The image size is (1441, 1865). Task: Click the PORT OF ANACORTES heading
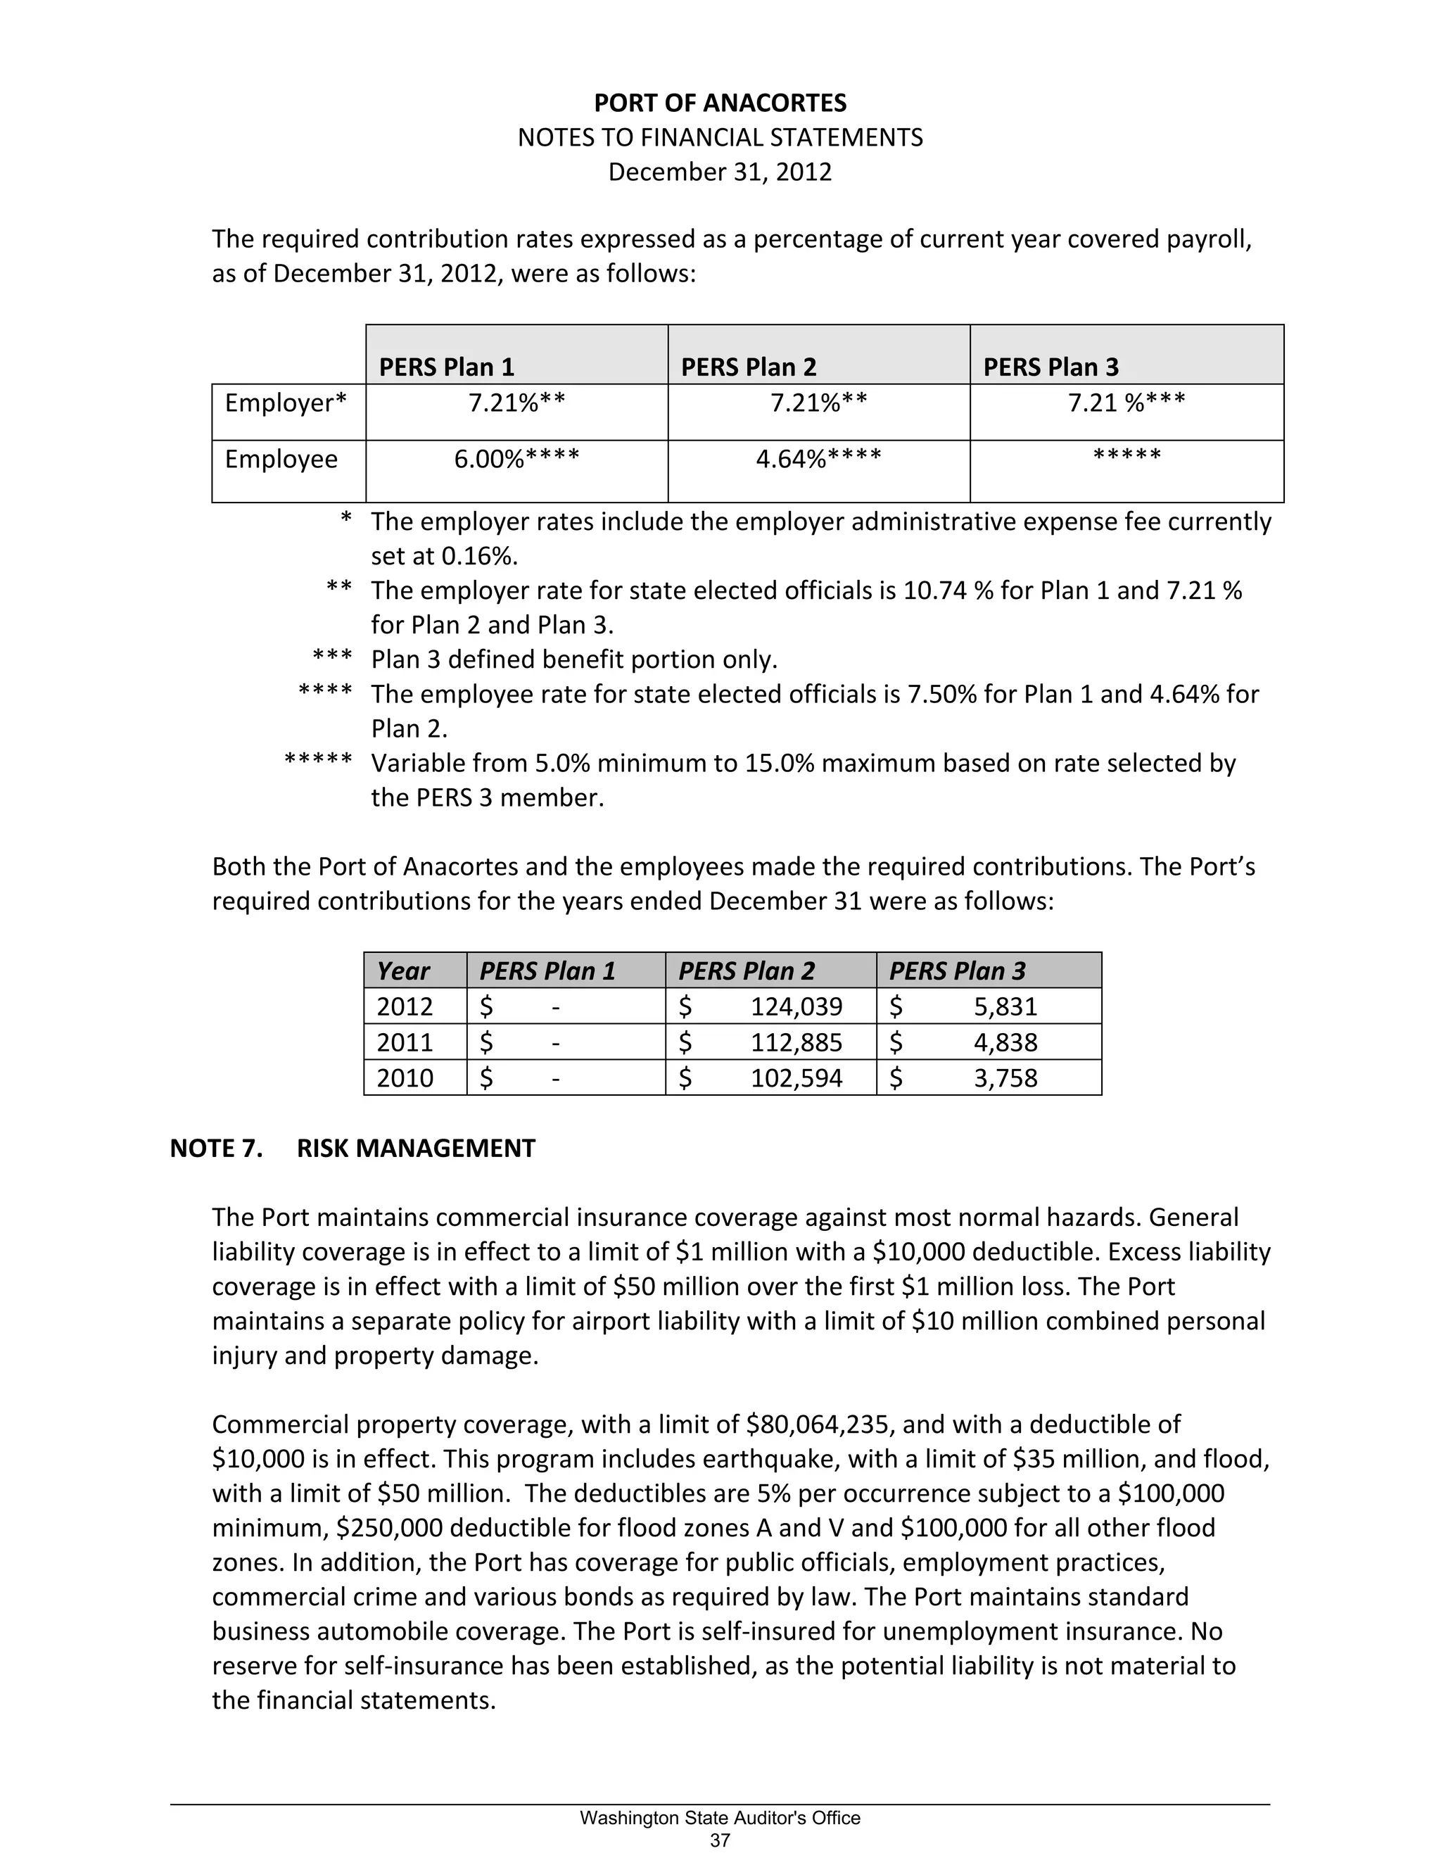[x=720, y=103]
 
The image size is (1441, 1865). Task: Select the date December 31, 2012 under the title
[x=720, y=172]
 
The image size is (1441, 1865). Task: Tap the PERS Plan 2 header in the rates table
[x=748, y=367]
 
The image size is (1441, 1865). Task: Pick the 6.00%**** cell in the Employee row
[x=516, y=460]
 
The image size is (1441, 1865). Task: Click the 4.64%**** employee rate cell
[x=818, y=460]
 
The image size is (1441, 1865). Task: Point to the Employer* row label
[x=286, y=403]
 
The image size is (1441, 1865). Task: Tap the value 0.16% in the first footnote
[x=479, y=557]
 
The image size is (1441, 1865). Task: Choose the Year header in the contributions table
[x=403, y=971]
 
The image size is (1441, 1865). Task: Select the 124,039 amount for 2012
[x=796, y=1007]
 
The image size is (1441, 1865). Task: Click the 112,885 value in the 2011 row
[x=796, y=1043]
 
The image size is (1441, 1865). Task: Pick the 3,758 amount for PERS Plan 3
[x=1005, y=1078]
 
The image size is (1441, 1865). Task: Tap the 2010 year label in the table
[x=405, y=1078]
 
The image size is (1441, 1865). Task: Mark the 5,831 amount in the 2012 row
[x=1005, y=1007]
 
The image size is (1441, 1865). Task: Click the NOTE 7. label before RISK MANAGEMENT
[x=216, y=1149]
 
